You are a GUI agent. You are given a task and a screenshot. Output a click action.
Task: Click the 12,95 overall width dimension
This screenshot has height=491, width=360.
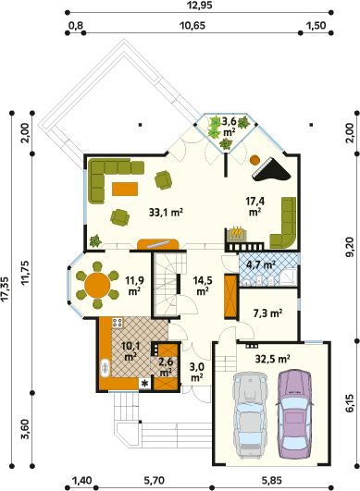click(x=199, y=6)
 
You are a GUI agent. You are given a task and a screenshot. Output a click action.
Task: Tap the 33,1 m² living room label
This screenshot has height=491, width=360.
click(x=166, y=213)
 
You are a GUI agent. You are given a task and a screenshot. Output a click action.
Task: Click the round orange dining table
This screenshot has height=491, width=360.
click(x=97, y=286)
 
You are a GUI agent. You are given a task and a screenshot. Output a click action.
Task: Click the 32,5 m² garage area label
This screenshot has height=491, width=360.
click(x=272, y=359)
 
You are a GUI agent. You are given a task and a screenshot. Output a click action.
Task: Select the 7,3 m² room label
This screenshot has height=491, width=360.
click(x=267, y=313)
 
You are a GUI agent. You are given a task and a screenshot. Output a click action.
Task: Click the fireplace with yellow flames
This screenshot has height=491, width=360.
click(x=238, y=234)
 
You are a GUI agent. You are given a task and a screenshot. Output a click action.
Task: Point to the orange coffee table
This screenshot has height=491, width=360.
click(x=125, y=189)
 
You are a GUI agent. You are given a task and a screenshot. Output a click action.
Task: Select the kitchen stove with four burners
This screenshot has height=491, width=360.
click(x=118, y=323)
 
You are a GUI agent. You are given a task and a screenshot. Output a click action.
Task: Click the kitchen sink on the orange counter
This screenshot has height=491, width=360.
click(x=105, y=367)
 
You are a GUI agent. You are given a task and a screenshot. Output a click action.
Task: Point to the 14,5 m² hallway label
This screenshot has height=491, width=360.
click(x=203, y=286)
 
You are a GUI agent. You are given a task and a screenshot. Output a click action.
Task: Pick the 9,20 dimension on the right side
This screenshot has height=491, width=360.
click(x=351, y=247)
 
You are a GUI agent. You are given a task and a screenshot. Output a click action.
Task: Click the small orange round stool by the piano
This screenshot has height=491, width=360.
click(x=254, y=160)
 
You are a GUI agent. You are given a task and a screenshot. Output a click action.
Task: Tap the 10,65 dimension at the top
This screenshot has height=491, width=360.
click(x=192, y=25)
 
